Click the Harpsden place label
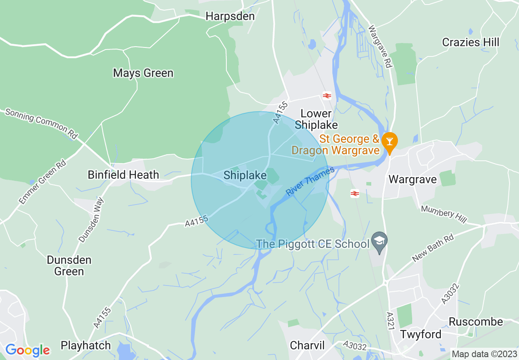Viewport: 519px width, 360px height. point(230,16)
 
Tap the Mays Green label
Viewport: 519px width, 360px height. point(143,73)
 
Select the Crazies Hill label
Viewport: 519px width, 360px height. point(471,42)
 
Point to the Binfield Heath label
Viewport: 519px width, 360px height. point(123,175)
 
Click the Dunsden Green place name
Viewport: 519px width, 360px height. point(69,265)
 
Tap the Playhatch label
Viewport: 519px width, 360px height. point(86,345)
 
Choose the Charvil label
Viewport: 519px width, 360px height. point(307,345)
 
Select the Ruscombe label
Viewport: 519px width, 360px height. point(476,322)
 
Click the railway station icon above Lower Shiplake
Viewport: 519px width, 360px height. point(327,96)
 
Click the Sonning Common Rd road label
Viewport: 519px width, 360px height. point(41,122)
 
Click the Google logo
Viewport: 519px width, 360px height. point(27,350)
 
